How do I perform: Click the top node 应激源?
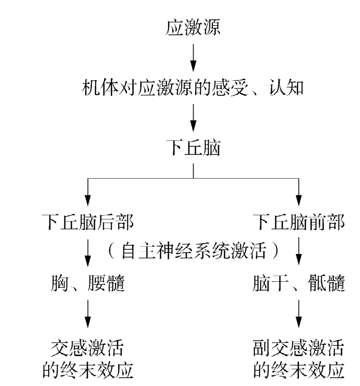pos(194,28)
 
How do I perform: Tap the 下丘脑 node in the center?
pos(194,148)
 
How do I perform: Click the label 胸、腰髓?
pos(88,283)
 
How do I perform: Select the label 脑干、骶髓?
pos(299,283)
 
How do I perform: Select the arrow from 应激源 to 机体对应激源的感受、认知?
pos(194,57)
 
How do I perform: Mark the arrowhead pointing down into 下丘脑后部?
pos(88,200)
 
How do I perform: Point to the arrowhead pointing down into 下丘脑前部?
pos(299,200)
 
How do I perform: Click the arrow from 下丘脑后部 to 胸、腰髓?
pos(88,252)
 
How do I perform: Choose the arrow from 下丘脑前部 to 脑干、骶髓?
pos(299,252)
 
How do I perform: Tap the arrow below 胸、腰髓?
pos(88,315)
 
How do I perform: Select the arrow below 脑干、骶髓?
pos(299,315)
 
